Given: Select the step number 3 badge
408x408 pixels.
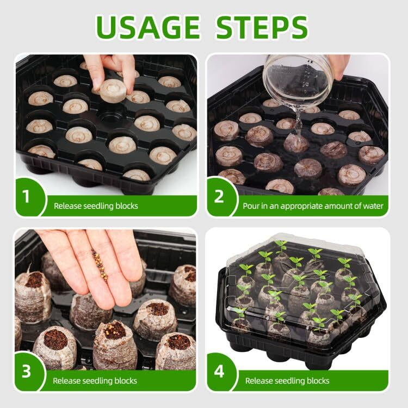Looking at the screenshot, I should click(x=26, y=372).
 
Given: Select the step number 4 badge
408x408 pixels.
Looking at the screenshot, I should click(x=219, y=372).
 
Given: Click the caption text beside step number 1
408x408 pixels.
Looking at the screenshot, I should click(x=96, y=206).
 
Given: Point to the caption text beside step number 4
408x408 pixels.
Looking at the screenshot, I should click(x=287, y=381).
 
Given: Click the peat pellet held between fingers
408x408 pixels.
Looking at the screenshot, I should click(x=113, y=90).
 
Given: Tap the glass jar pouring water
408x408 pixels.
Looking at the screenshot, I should click(x=298, y=81).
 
